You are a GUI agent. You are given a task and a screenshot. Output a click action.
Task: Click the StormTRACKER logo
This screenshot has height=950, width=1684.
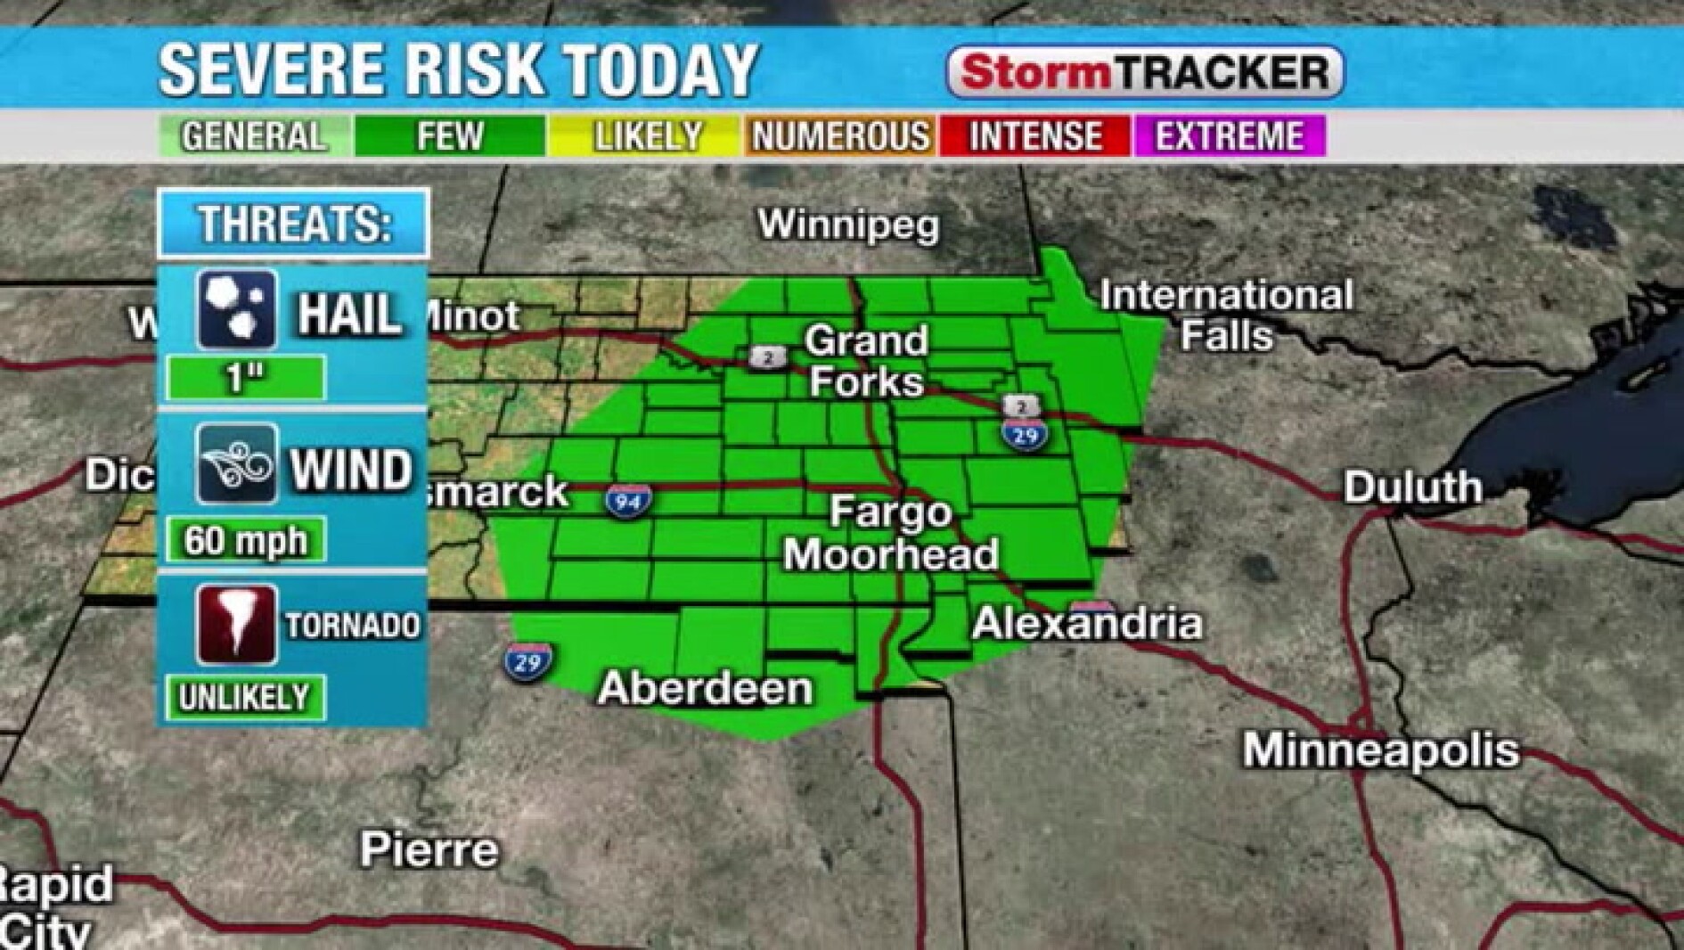(x=1145, y=72)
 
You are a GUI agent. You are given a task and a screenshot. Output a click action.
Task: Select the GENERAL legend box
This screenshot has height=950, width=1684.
(x=254, y=136)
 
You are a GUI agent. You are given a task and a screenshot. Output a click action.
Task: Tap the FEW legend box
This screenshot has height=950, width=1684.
(x=450, y=136)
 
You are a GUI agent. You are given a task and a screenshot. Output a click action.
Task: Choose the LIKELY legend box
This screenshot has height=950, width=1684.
(x=645, y=136)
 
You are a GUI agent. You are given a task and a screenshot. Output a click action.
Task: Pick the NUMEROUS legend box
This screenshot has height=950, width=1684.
(x=840, y=136)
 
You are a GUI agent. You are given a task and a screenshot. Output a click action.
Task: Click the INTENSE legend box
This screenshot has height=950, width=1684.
(x=1035, y=136)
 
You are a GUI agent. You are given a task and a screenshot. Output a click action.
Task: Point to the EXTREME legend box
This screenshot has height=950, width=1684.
(x=1230, y=136)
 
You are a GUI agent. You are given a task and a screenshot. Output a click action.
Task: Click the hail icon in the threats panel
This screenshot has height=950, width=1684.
(x=236, y=309)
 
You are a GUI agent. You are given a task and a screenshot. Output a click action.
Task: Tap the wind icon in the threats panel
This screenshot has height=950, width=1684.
(x=236, y=463)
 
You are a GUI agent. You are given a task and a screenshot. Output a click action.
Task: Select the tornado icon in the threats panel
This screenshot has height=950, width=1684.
(x=236, y=625)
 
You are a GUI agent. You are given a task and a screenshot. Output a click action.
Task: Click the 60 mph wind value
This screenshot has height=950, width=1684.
(x=246, y=540)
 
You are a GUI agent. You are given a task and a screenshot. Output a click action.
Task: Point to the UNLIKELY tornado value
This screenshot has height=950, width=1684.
(x=245, y=697)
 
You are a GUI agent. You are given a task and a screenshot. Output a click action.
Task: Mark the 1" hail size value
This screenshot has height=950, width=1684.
(x=246, y=377)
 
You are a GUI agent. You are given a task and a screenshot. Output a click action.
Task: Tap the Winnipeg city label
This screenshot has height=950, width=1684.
(x=848, y=225)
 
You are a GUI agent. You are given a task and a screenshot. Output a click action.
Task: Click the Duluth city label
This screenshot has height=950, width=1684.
(x=1412, y=487)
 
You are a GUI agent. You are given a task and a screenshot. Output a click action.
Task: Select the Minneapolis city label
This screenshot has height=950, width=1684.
(x=1381, y=750)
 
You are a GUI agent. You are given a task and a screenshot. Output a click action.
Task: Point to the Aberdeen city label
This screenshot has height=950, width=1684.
(x=705, y=689)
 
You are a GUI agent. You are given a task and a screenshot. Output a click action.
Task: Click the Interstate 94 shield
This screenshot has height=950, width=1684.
(x=628, y=501)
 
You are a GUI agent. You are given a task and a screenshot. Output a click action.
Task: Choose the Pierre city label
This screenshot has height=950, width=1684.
(x=429, y=850)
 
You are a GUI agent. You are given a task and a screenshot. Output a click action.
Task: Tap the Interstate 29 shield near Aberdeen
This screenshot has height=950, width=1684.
(x=527, y=661)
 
